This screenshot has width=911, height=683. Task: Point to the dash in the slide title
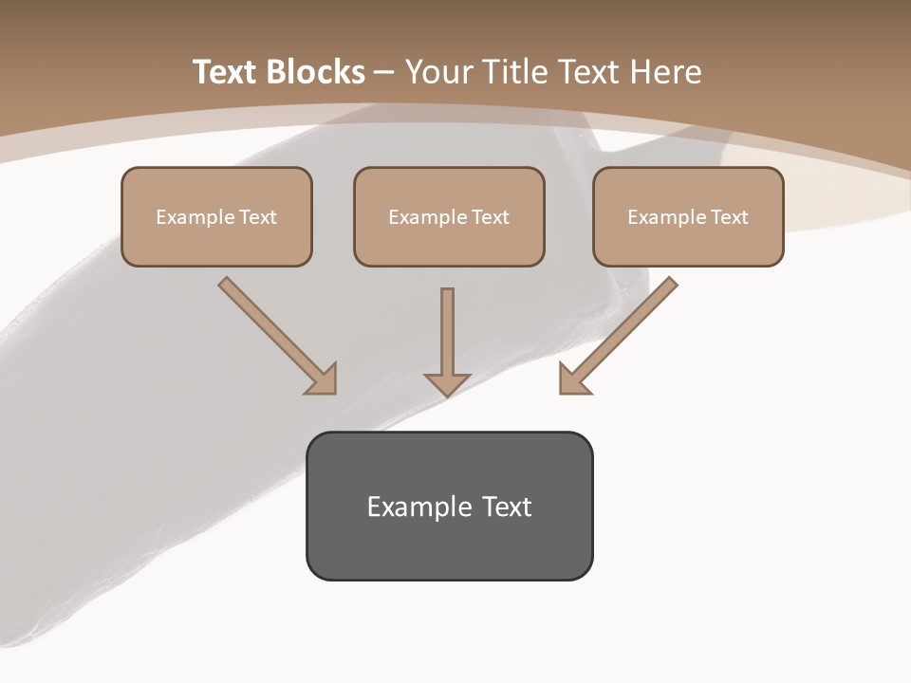[x=384, y=73]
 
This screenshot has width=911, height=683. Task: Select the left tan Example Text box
[x=216, y=216]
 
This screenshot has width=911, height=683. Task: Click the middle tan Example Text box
[x=449, y=216]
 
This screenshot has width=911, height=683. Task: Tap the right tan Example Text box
[x=688, y=216]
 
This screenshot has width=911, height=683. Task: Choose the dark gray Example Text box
[x=449, y=506]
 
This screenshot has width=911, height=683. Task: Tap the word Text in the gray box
[x=507, y=507]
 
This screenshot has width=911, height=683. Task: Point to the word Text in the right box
[x=730, y=217]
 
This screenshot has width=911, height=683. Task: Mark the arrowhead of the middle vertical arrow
[x=447, y=383]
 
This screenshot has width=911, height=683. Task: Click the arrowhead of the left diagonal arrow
[x=323, y=379]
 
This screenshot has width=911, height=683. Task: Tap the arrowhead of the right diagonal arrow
[x=573, y=379]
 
